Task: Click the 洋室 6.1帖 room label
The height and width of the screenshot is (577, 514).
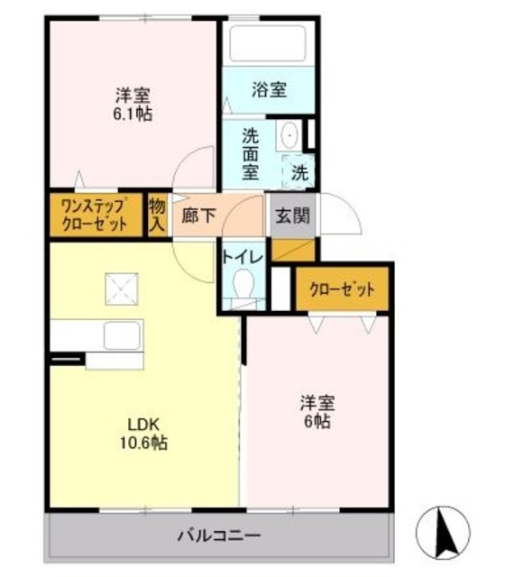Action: [132, 104]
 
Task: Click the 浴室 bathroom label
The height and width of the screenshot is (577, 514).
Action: [269, 89]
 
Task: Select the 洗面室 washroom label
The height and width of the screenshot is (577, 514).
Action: [250, 152]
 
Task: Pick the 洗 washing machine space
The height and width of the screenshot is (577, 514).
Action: [298, 169]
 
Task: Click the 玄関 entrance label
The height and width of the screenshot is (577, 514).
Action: [290, 216]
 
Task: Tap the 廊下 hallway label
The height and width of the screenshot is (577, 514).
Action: [197, 216]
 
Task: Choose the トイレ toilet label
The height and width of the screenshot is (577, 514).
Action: [243, 257]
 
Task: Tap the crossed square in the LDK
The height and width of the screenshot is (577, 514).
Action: [120, 288]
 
